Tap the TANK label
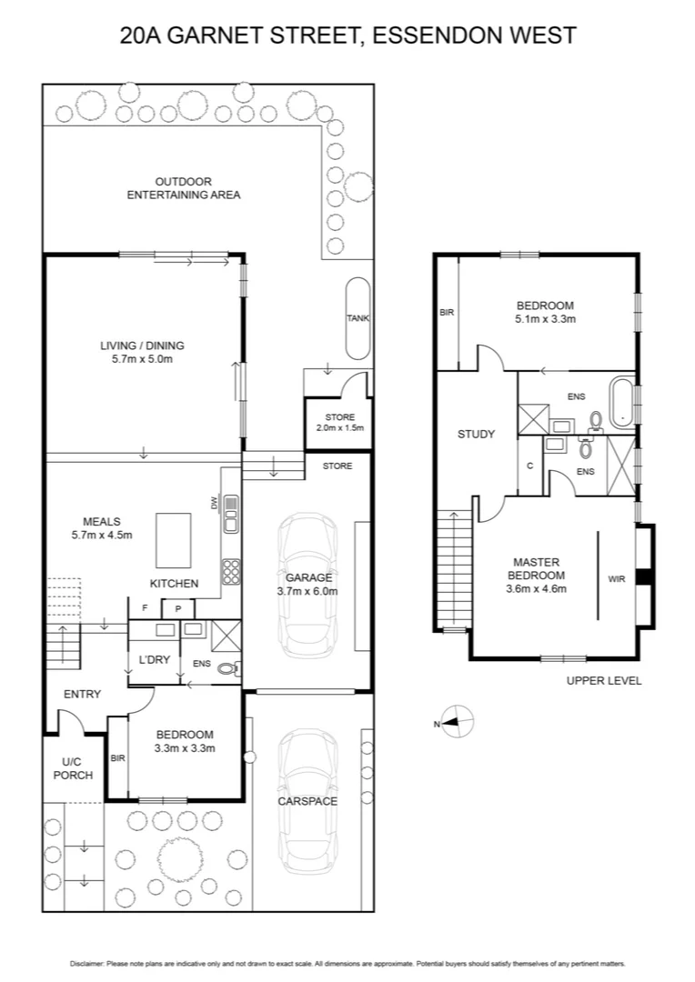(x=357, y=318)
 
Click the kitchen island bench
(x=175, y=540)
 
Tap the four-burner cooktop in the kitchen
(x=231, y=570)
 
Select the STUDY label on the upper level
(x=476, y=434)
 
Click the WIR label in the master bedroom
(x=616, y=577)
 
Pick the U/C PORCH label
(x=71, y=767)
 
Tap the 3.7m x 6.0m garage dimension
(x=308, y=591)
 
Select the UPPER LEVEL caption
(x=604, y=680)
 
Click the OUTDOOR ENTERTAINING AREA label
(x=183, y=188)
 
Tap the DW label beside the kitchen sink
(x=215, y=503)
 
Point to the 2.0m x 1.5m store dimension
(x=335, y=427)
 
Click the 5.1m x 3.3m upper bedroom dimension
(x=545, y=319)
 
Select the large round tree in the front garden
(x=178, y=858)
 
